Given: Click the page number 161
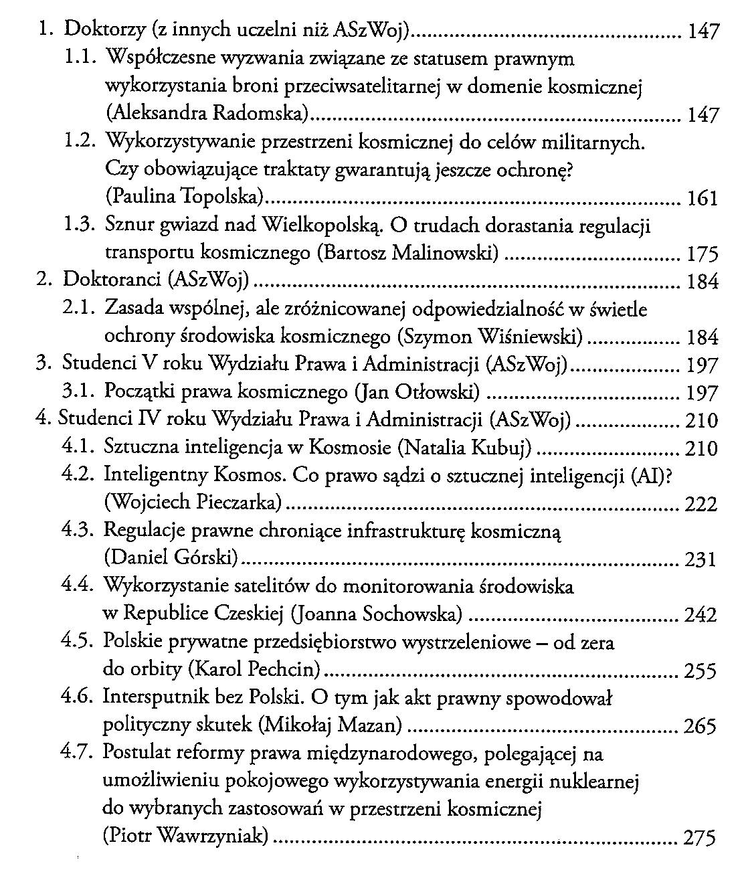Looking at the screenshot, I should [702, 199].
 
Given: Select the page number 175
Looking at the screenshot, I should [702, 254].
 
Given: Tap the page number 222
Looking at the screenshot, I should [701, 503].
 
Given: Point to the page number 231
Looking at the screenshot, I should [701, 559].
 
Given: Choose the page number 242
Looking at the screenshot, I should [701, 615].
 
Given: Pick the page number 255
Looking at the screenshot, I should [701, 671].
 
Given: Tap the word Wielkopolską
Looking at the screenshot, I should [321, 226].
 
